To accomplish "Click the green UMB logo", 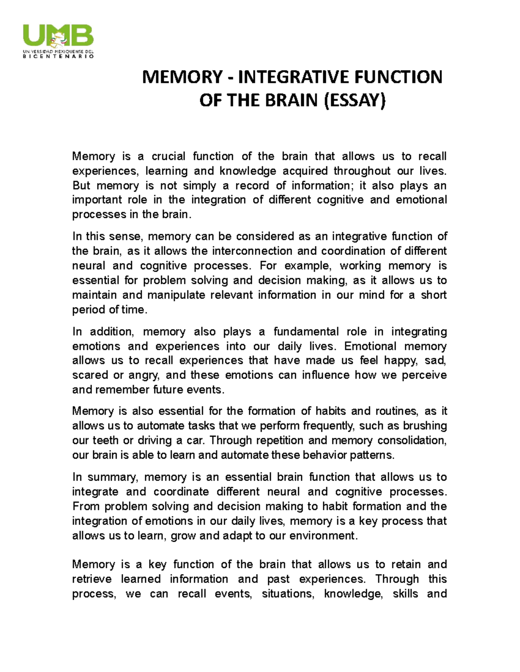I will (58, 35).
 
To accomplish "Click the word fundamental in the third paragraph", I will (306, 332).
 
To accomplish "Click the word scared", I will (90, 375).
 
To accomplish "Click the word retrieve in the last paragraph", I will (92, 579).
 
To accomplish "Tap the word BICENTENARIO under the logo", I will (58, 57).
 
